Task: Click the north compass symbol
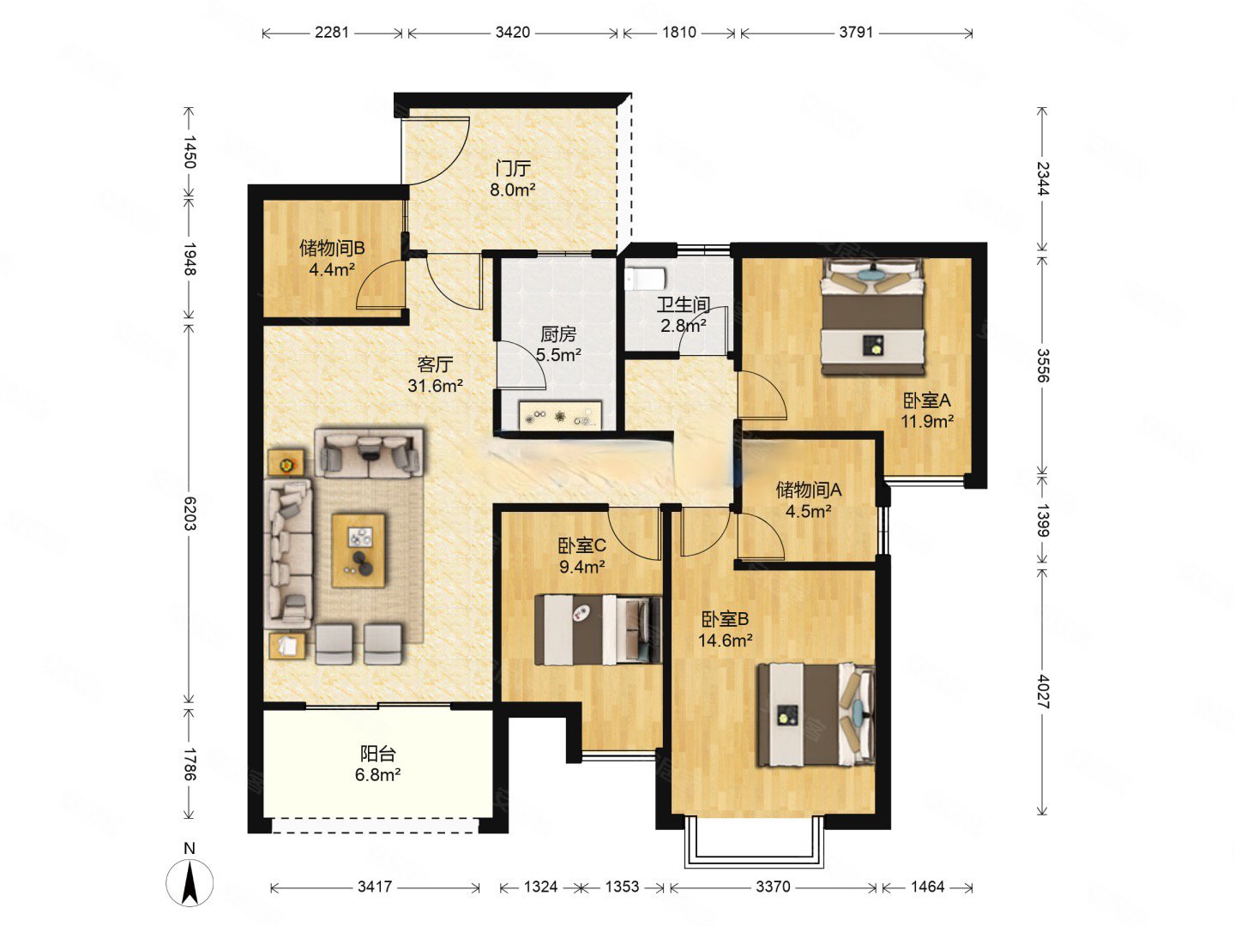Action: [190, 881]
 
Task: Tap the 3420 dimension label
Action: [512, 33]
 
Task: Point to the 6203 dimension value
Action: [189, 514]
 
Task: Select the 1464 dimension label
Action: [927, 887]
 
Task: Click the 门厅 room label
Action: [513, 168]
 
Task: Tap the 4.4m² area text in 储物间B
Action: [332, 269]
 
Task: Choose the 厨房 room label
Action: [558, 334]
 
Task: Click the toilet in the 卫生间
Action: [646, 278]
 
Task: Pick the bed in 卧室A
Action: [873, 317]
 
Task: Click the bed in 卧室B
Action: [816, 714]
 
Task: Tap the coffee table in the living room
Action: [358, 550]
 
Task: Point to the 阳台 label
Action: [377, 754]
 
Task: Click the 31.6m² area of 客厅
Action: [435, 386]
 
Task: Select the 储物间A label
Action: [809, 490]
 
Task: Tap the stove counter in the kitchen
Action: [560, 416]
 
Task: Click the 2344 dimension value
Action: [1043, 178]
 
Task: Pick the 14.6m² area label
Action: [726, 640]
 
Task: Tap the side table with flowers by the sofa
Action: [286, 463]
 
